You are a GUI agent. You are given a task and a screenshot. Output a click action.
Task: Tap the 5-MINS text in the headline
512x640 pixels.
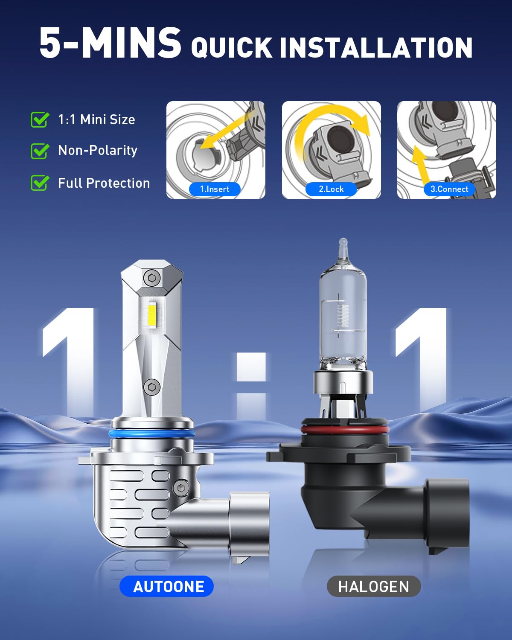[x=110, y=43]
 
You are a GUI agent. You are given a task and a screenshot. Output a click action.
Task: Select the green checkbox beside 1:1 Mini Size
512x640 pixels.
[x=40, y=119]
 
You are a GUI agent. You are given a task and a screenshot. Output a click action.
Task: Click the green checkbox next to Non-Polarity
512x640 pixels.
[x=40, y=151]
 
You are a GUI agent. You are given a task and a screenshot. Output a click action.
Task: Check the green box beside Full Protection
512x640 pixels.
[x=40, y=183]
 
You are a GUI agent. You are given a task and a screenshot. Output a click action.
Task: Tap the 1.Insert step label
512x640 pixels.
[x=215, y=189]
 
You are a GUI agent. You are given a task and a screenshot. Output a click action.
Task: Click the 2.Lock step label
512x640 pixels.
[x=331, y=189]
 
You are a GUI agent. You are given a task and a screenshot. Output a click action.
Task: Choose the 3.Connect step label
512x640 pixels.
[x=449, y=189]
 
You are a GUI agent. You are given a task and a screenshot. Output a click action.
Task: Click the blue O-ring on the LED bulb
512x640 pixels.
[x=151, y=434]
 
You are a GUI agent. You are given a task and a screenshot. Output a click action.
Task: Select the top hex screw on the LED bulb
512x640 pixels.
[x=152, y=278]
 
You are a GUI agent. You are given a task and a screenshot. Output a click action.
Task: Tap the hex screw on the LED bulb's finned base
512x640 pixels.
[x=180, y=488]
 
